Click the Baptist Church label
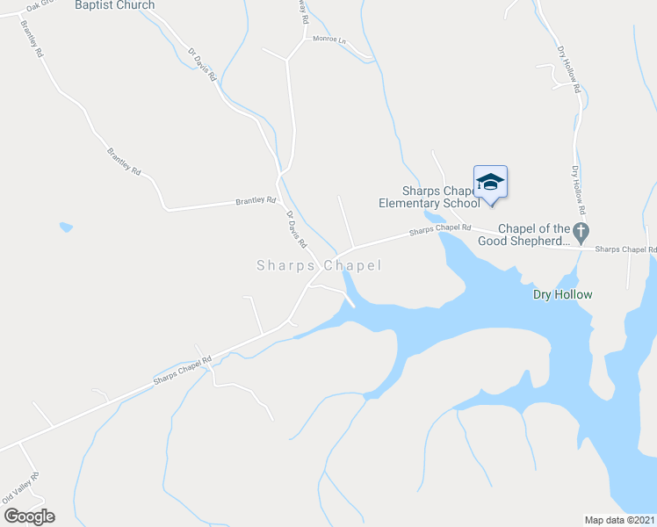(114, 5)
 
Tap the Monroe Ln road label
(330, 40)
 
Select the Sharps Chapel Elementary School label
(429, 197)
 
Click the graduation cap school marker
(490, 182)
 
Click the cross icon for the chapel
(580, 231)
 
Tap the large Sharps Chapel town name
(319, 265)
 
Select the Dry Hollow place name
(563, 295)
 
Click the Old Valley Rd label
(21, 488)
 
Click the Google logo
(29, 516)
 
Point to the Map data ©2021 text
(619, 520)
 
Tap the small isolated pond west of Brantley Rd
(66, 227)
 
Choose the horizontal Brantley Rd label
(256, 201)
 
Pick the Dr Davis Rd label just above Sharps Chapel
(297, 227)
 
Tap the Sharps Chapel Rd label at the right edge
(625, 249)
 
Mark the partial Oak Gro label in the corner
(39, 5)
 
